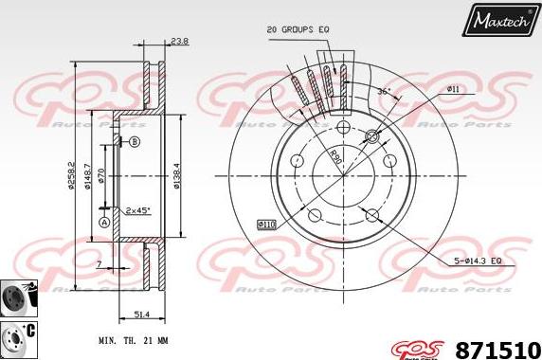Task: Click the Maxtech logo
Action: [499, 19]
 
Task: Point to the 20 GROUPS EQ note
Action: [298, 30]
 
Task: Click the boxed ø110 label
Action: [266, 224]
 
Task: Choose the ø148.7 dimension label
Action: [88, 173]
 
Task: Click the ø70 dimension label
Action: [102, 174]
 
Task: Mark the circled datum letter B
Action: [134, 141]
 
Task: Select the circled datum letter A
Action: [103, 223]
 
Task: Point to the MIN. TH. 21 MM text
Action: [135, 340]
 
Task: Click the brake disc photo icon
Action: [17, 296]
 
